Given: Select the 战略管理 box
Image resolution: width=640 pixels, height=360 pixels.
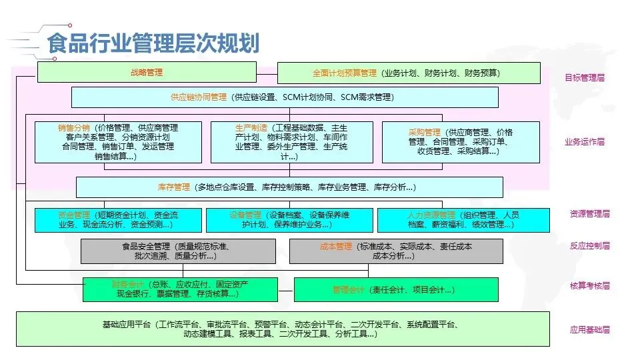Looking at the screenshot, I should (x=147, y=73).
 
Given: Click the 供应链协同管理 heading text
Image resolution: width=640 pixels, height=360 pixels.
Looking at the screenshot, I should (x=199, y=97).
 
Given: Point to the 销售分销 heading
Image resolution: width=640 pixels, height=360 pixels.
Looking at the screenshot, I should (x=74, y=127).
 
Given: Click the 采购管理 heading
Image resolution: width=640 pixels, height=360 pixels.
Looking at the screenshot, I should (x=425, y=132).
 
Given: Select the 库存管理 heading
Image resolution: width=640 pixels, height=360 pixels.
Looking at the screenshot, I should (x=174, y=187).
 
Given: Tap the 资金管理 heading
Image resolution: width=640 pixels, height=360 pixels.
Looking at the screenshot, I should (x=74, y=215).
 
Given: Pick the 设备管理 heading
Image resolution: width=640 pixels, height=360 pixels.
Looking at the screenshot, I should (x=245, y=215).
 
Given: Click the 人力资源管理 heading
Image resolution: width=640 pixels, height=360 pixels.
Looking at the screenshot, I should (x=431, y=215).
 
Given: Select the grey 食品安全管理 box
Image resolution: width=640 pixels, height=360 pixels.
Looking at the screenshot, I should (x=178, y=251).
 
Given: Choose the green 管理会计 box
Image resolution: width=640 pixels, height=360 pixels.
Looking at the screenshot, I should (x=395, y=289).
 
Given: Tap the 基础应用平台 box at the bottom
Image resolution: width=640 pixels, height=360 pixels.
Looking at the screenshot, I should (x=283, y=329).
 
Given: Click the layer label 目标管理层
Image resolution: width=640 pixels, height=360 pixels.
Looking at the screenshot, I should (x=585, y=78).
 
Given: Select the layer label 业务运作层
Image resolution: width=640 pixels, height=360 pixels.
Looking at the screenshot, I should (x=585, y=141).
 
